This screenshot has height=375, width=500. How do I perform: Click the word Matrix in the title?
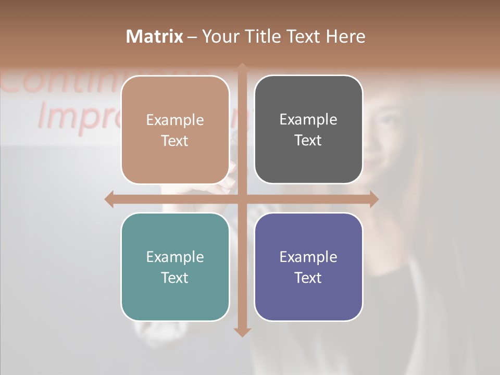click(155, 36)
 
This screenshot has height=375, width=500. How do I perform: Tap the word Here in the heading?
click(345, 36)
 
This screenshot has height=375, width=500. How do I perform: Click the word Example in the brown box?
click(175, 120)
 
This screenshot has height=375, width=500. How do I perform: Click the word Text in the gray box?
click(308, 141)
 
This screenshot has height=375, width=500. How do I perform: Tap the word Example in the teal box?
click(175, 257)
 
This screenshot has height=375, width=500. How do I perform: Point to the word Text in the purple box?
click(308, 278)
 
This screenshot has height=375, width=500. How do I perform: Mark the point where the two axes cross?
click(242, 199)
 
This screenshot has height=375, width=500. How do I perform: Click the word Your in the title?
click(219, 36)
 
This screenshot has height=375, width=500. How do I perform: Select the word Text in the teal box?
click(175, 278)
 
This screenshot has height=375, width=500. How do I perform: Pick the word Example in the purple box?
click(308, 257)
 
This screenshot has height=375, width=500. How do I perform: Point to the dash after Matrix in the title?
click(192, 37)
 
